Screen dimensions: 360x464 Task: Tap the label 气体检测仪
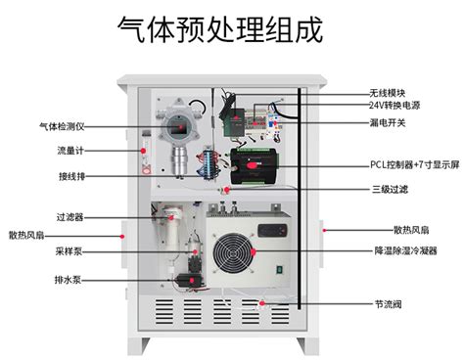click(64, 125)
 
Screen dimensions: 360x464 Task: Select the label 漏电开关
click(386, 123)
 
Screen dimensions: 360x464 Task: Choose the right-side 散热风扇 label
click(415, 230)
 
